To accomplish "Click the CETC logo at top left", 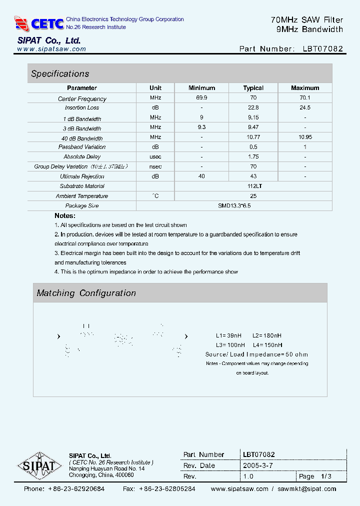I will pos(39,23).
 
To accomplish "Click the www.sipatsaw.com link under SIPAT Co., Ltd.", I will pos(51,49).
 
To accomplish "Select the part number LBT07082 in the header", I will pos(322,49).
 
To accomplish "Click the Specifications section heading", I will pos(60,74).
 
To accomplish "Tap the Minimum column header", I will pos(201,88).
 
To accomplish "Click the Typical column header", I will pos(253,88).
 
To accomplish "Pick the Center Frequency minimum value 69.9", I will pos(201,98).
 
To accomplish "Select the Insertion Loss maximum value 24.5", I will pos(304,107).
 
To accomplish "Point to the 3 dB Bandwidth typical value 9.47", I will pos(253,128).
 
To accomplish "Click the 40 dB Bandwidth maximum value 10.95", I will pos(304,137).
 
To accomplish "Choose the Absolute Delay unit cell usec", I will pos(155,157).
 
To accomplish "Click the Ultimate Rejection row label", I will pos(82,176).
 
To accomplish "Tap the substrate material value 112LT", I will pos(253,186).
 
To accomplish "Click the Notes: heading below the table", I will pos(65,215).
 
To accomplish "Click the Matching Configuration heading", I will pos(86,293).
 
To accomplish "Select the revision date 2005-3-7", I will pos(257,465).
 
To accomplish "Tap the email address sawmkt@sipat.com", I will pos(307,489).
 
